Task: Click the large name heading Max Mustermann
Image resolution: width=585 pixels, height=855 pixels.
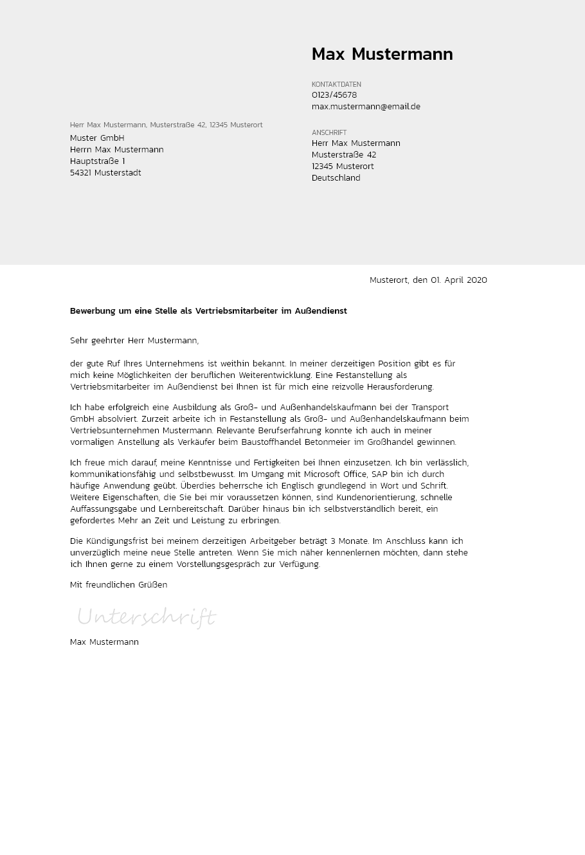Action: [382, 55]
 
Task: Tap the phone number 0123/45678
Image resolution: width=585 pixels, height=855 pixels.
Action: [334, 95]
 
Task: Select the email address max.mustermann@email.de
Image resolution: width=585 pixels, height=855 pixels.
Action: [366, 107]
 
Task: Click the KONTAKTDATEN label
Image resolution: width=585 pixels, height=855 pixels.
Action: [336, 84]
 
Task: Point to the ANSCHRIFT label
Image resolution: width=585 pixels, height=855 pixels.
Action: [329, 132]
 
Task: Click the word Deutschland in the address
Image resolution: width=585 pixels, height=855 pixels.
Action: [336, 178]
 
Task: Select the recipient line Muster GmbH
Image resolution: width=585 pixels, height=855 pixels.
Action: [97, 138]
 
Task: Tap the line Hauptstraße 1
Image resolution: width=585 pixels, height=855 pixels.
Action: [98, 161]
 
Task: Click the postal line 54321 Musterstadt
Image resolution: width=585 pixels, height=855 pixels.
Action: [105, 173]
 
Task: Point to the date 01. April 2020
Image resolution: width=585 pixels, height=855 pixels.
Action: [459, 280]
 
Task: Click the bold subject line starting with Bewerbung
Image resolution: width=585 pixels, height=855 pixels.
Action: [208, 311]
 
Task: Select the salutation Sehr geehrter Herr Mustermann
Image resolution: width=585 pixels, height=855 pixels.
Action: [134, 341]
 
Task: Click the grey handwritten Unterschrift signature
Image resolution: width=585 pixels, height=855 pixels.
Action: [147, 618]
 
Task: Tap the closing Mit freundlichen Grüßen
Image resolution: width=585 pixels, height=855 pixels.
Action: [118, 585]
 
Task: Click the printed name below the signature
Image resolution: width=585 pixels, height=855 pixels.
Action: [104, 642]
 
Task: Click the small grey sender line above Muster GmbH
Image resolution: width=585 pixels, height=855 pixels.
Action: [166, 125]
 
